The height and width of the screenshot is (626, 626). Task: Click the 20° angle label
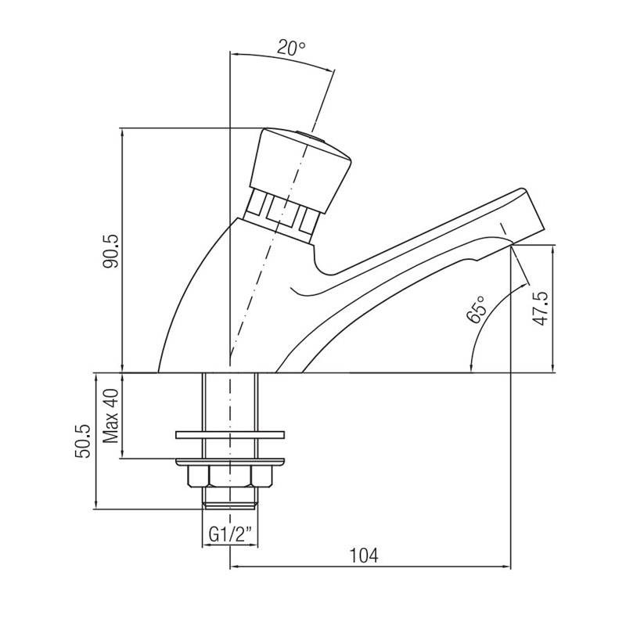[291, 48]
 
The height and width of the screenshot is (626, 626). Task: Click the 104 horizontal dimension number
[365, 555]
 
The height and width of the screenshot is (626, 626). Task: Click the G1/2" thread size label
[229, 536]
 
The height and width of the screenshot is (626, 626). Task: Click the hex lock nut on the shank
[229, 475]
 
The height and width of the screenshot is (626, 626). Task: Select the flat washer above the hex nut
[229, 433]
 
